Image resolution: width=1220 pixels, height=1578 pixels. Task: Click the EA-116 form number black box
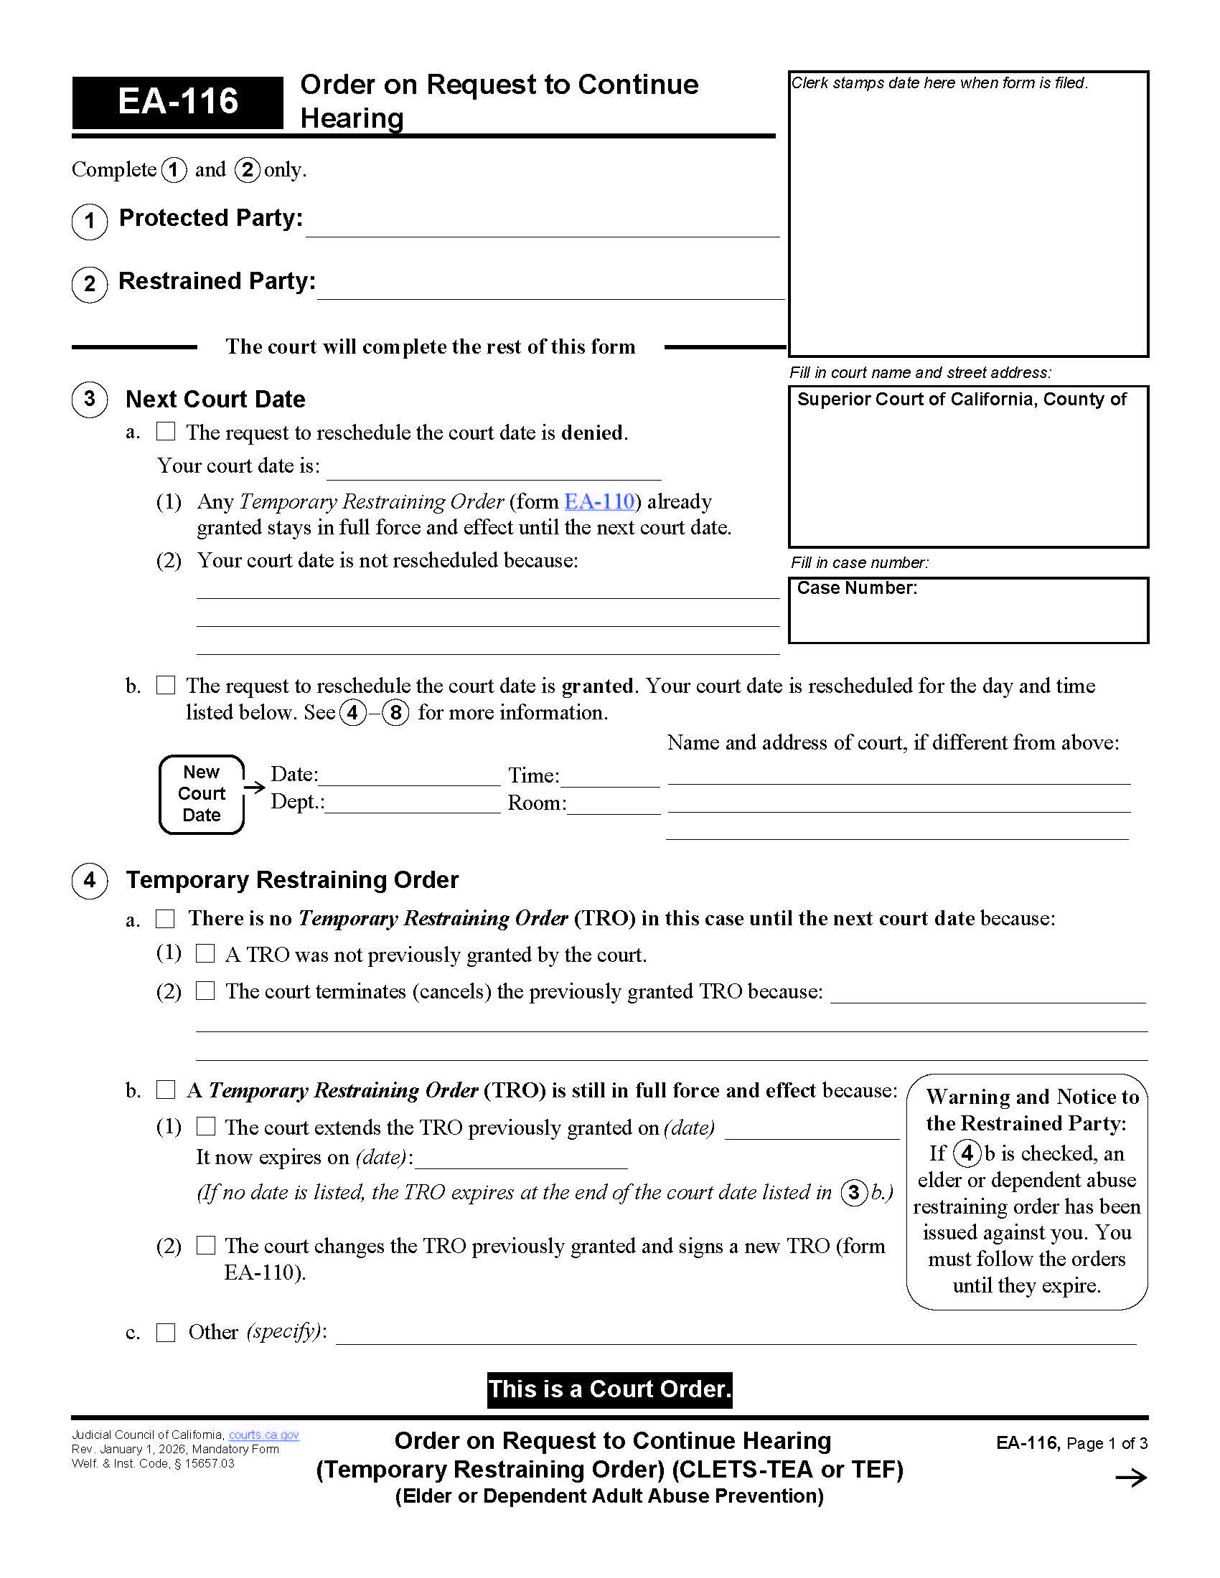(177, 102)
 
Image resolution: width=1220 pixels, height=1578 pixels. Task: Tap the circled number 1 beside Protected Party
(90, 220)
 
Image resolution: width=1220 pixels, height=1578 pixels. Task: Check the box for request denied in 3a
(166, 431)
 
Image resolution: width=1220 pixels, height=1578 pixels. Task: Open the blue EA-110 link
(599, 501)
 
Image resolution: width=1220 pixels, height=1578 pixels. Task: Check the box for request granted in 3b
(166, 684)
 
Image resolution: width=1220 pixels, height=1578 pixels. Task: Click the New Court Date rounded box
(202, 793)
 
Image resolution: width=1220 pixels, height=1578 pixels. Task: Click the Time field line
(610, 779)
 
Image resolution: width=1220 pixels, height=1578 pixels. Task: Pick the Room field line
(614, 806)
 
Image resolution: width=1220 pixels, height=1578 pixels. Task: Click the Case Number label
(856, 588)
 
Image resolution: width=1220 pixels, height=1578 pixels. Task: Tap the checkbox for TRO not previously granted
(206, 953)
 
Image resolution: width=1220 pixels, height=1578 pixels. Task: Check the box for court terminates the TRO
(206, 990)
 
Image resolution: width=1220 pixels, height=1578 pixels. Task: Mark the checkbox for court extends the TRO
(206, 1125)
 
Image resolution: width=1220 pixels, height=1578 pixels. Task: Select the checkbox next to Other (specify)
(166, 1332)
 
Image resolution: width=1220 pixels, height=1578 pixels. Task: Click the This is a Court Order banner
(609, 1389)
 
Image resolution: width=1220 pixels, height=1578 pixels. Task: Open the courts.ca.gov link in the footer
(264, 1435)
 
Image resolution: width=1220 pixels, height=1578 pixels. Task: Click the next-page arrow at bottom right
(1131, 1478)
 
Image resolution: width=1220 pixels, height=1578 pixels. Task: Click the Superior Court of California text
(960, 400)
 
